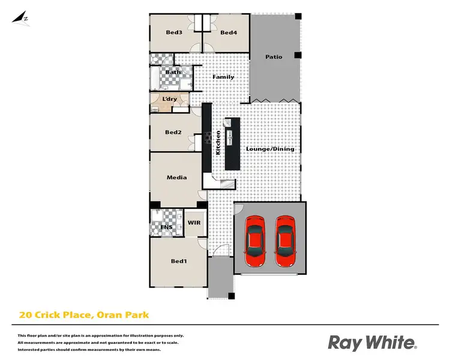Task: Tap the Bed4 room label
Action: point(229,32)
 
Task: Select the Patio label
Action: point(274,57)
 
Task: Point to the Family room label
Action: point(223,77)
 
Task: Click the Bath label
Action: point(173,73)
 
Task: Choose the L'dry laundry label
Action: point(169,98)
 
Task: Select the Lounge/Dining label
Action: point(270,148)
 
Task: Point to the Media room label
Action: point(176,177)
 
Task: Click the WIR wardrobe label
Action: point(194,223)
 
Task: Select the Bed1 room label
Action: point(179,261)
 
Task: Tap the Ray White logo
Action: point(371,343)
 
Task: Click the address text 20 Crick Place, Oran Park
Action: point(83,314)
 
